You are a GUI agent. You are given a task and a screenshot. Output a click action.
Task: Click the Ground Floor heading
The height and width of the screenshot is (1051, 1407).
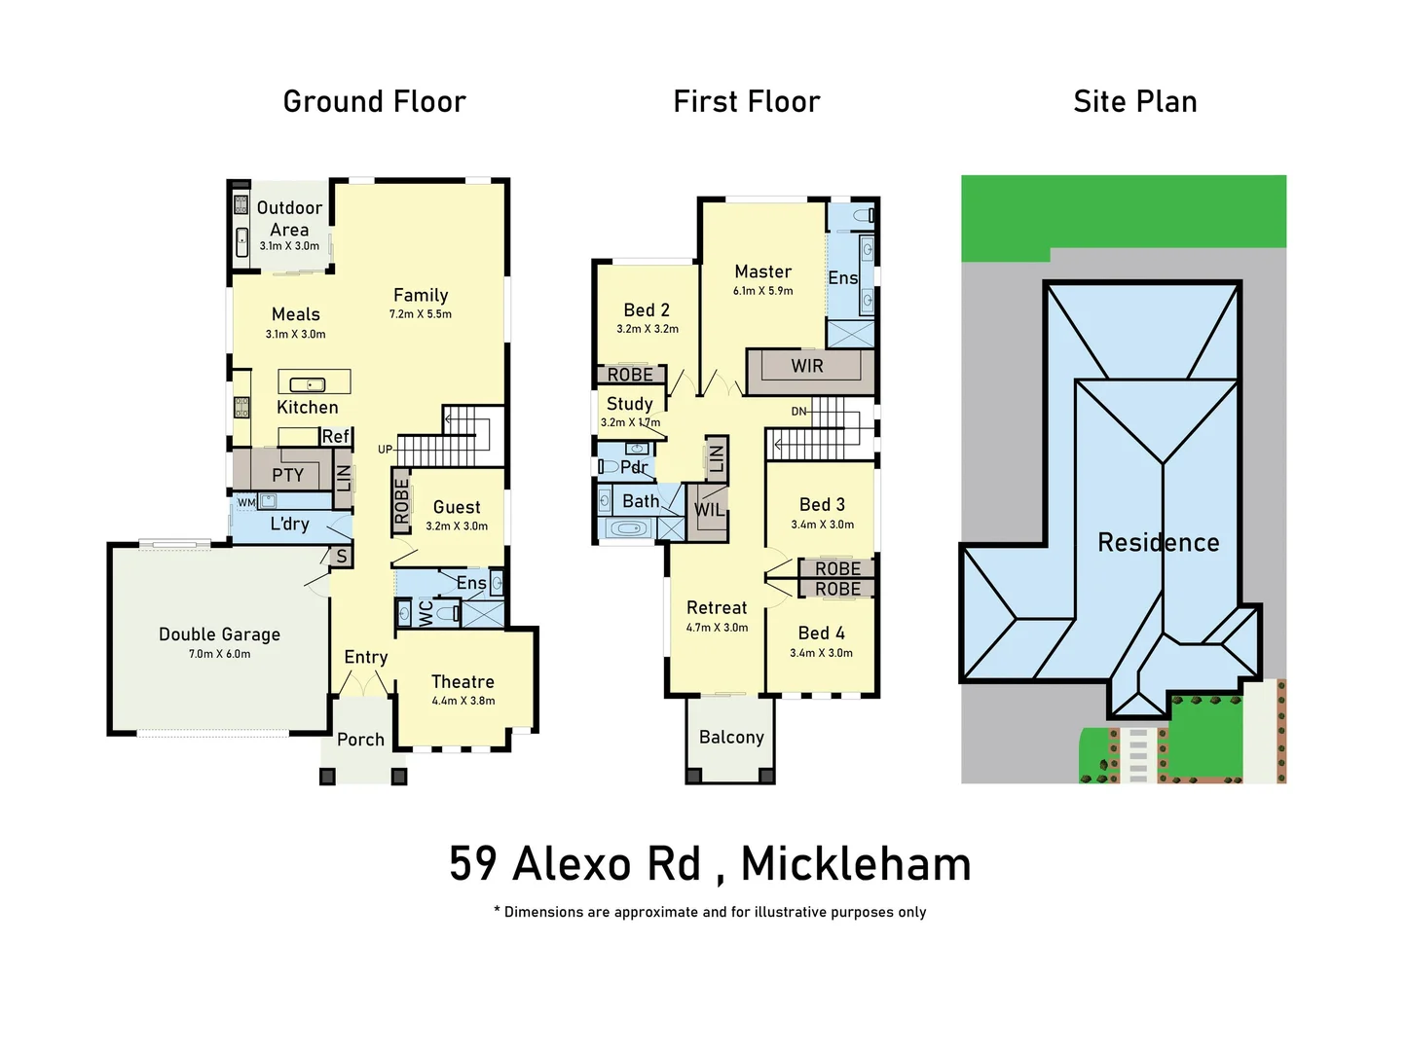(x=374, y=101)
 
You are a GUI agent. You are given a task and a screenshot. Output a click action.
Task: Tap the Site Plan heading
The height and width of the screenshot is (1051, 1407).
(x=1134, y=101)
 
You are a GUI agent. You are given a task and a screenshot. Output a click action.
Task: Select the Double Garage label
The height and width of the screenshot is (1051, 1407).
(x=219, y=634)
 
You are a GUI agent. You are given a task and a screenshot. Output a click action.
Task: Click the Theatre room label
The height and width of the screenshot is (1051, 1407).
(x=463, y=682)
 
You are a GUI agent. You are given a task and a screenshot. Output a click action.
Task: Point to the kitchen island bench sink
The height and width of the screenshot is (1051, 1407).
(x=308, y=384)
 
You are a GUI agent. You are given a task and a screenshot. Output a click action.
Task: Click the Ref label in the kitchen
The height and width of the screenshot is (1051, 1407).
(x=335, y=436)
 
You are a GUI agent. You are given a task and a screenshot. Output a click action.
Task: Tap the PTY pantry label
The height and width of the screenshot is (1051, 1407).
(x=287, y=475)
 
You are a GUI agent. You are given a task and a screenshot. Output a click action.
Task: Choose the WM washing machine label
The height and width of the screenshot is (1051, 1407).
(x=246, y=502)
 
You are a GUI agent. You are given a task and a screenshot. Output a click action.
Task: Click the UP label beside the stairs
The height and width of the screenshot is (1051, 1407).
(x=386, y=450)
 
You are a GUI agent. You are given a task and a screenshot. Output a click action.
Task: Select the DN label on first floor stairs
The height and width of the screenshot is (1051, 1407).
(x=798, y=412)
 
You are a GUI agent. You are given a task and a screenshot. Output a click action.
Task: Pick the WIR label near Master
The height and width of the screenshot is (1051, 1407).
(x=806, y=366)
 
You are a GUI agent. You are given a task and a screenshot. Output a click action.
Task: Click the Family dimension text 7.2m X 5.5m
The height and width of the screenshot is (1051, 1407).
(x=421, y=314)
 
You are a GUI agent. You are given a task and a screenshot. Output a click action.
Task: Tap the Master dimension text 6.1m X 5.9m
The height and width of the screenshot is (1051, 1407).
(x=762, y=291)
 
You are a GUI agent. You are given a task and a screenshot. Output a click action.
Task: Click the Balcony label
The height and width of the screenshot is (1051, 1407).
(x=731, y=737)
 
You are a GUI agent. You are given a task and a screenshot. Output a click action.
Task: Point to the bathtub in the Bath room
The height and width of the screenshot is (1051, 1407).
(x=629, y=529)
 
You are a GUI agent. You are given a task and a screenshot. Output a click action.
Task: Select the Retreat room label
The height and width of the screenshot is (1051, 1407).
(x=717, y=607)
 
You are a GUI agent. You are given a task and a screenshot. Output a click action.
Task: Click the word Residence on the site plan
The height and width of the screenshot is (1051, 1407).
(x=1158, y=542)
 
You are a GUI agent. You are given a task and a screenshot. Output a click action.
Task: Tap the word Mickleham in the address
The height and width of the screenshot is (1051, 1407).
(x=856, y=864)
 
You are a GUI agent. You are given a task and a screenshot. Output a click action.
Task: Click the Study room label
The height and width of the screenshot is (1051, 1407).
(x=629, y=403)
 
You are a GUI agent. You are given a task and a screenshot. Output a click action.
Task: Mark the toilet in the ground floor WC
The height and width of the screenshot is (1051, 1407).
(x=448, y=613)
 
